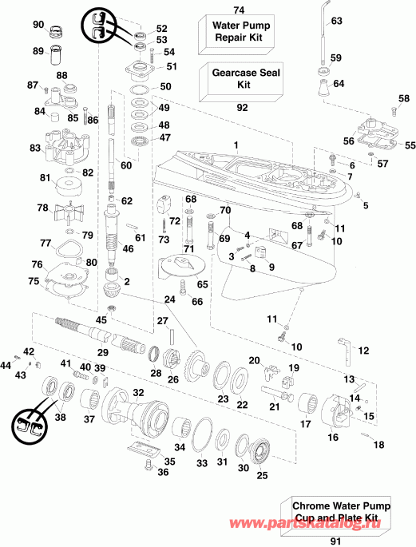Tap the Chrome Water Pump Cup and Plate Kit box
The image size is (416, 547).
point(335,511)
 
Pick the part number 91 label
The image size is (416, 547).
point(335,540)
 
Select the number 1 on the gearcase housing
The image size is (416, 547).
point(236,144)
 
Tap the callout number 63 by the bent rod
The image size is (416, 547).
point(335,21)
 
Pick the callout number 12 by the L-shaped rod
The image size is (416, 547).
point(363,351)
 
